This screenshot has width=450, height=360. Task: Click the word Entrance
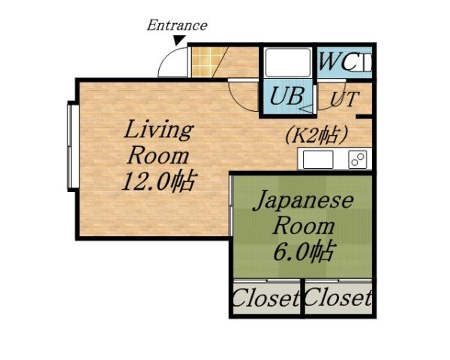point(176,25)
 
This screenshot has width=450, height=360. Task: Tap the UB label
point(285,96)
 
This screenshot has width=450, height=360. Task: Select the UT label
point(344,98)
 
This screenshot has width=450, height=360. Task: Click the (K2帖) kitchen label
point(316,135)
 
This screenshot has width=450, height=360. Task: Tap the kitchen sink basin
point(317,159)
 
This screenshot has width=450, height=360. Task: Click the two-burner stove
point(357,159)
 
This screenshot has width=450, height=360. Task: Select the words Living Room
point(157,142)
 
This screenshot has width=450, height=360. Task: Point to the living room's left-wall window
point(72,146)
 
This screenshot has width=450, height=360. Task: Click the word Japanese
point(301,201)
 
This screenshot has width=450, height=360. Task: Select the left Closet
point(265,299)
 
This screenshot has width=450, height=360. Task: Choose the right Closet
point(337,299)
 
